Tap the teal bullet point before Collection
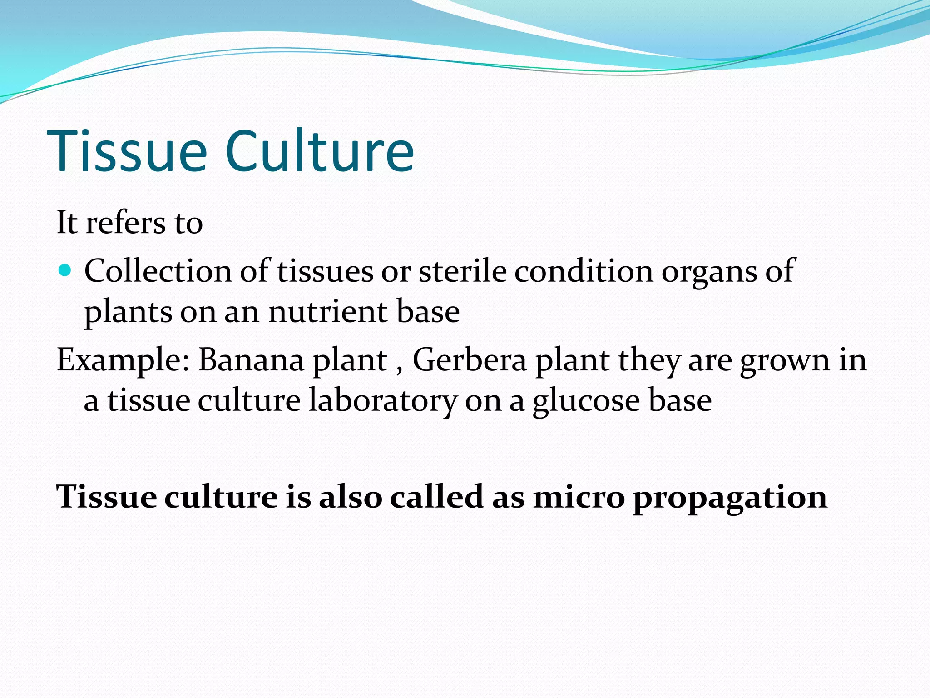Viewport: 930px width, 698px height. click(65, 271)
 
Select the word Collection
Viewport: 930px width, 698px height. click(158, 271)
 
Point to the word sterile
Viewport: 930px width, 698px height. click(462, 271)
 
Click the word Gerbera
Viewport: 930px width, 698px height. click(469, 360)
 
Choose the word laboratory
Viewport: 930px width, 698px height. click(383, 401)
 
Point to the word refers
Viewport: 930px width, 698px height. click(126, 223)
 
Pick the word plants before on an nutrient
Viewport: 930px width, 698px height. click(128, 313)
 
